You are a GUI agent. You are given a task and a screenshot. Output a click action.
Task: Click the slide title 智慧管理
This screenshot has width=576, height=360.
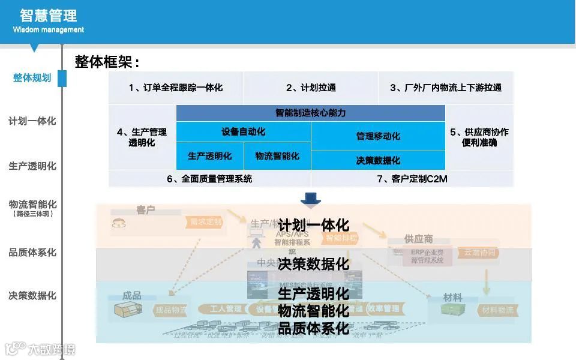[48, 15]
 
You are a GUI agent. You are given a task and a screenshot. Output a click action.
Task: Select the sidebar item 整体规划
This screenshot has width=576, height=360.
[32, 78]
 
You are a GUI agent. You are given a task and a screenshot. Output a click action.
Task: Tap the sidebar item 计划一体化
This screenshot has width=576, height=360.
[32, 121]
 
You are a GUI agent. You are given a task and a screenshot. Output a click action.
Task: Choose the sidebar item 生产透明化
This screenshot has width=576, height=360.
[32, 166]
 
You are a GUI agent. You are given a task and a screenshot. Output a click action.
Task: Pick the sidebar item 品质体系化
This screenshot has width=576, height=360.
[32, 253]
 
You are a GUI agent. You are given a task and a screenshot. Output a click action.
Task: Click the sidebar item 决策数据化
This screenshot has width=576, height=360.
[32, 296]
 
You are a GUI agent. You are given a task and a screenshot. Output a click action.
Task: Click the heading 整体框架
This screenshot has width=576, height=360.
[107, 62]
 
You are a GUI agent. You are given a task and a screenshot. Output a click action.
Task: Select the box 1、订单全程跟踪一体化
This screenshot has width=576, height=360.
[176, 88]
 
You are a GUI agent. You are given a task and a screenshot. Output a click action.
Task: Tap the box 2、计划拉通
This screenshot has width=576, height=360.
[311, 88]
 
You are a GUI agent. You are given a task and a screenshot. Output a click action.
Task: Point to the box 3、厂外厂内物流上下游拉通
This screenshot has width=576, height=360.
[446, 88]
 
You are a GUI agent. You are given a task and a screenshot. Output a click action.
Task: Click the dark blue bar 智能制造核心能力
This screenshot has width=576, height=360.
[311, 113]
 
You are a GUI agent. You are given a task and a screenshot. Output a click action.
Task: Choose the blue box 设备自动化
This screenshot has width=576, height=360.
[244, 131]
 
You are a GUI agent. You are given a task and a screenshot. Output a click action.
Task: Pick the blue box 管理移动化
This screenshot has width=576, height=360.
[378, 136]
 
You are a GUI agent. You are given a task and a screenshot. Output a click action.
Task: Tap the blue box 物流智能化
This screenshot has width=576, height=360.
[277, 156]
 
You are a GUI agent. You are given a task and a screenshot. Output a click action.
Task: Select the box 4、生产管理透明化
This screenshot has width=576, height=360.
[142, 137]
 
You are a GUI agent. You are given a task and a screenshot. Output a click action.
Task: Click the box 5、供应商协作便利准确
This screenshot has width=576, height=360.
[479, 137]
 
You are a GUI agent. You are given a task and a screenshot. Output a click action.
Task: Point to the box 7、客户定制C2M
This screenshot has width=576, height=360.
[412, 179]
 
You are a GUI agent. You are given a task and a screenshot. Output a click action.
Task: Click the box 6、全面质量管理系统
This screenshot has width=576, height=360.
[209, 179]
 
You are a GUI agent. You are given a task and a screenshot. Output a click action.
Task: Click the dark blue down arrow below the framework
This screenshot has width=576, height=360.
[311, 198]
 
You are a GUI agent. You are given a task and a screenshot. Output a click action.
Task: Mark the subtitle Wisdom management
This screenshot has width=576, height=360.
[49, 30]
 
